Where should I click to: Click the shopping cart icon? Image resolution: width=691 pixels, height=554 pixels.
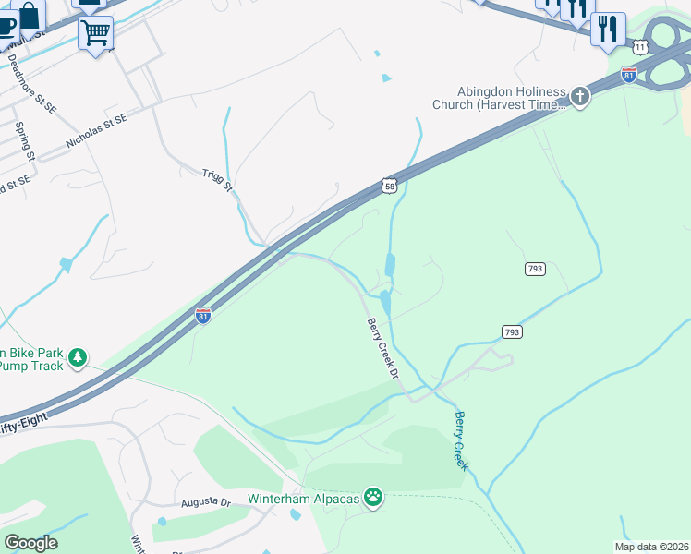point(95,33)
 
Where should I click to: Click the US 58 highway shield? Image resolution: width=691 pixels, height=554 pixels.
point(390,187)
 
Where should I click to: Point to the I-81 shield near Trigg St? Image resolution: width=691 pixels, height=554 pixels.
point(202,316)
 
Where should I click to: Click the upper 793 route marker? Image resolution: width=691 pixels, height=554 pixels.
point(535,269)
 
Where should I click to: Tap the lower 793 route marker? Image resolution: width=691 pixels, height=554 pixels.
point(513,331)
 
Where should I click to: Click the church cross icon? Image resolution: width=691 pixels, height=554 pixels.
point(579,97)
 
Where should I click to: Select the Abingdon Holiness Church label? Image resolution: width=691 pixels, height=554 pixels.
point(510,98)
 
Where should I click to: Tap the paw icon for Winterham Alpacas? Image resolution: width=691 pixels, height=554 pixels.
point(373,498)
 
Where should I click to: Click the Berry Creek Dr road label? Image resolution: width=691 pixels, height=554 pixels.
point(382,349)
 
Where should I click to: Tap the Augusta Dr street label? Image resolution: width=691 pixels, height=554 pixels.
point(205,502)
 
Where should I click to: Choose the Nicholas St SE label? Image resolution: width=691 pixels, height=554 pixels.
point(96,131)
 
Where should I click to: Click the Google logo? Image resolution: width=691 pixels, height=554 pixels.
point(30,542)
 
